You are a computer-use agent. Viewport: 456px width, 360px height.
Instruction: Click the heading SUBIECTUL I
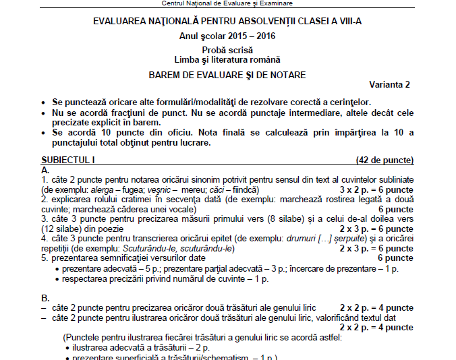pos(69,160)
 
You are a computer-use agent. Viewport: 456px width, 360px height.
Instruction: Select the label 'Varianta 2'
pos(389,84)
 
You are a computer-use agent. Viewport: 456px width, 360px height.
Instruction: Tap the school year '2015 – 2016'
pos(251,36)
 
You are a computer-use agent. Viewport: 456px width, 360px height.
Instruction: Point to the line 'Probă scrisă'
pos(227,50)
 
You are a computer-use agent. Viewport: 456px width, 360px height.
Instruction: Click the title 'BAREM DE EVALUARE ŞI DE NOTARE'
pos(227,74)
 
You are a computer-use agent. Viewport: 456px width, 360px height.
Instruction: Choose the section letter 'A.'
pos(45,171)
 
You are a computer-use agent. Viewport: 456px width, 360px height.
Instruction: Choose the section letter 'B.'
pos(45,297)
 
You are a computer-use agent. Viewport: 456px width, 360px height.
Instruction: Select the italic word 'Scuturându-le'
pos(156,248)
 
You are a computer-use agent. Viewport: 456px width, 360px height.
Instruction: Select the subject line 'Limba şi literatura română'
pos(227,60)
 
